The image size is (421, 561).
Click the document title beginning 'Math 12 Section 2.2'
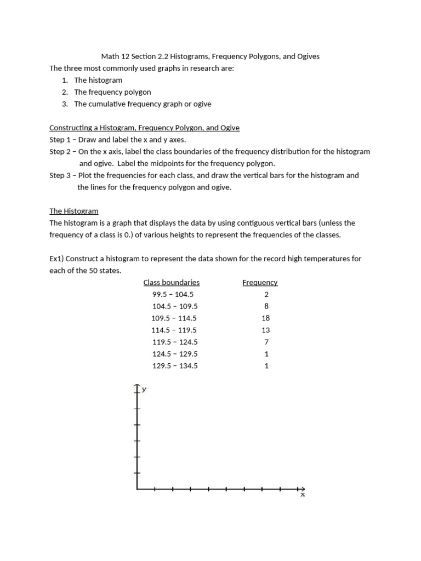point(210,56)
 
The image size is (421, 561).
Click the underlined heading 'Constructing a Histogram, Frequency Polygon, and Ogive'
point(144,128)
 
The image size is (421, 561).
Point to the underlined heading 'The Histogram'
point(74,211)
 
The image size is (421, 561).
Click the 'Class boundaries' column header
point(172,283)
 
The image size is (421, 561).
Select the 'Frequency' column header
point(260,283)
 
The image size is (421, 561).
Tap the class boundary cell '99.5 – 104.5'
point(173,294)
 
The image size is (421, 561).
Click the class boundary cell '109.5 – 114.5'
point(174,318)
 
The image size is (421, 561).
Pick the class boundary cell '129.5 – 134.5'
point(174,366)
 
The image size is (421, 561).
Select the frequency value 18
point(266,318)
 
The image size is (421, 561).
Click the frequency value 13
point(266,330)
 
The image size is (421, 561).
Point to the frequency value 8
point(266,306)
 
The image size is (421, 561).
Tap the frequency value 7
point(266,342)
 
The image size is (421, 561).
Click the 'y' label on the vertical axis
point(144,390)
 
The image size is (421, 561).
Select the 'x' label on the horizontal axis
point(302,495)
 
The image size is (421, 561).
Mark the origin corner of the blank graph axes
point(137,489)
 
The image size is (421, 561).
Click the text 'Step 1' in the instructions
point(60,140)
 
